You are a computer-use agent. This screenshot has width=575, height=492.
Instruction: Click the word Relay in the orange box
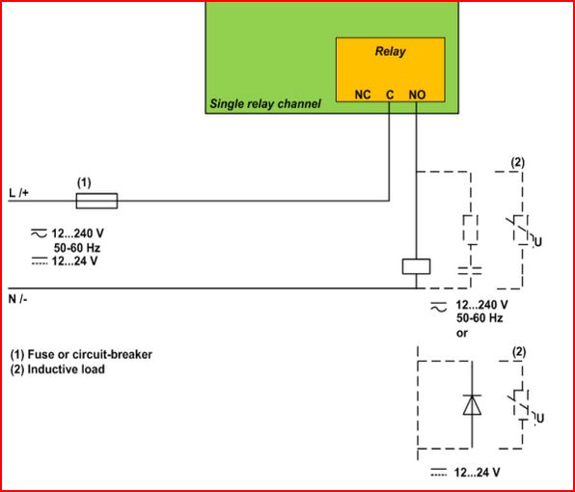[390, 52]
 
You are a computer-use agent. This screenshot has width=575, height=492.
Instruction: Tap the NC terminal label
[363, 95]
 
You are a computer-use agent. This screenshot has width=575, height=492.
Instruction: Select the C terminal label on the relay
[390, 95]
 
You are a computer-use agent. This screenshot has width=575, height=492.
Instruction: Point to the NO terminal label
[417, 95]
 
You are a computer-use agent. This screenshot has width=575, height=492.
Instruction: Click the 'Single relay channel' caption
[265, 104]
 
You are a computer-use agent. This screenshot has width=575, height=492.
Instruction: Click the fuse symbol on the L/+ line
[96, 201]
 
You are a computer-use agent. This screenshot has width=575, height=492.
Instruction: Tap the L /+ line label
[18, 193]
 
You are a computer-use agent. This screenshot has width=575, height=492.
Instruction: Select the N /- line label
[18, 299]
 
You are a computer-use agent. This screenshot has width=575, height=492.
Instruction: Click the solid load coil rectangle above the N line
[416, 266]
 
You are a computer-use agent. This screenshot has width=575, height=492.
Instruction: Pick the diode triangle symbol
[472, 405]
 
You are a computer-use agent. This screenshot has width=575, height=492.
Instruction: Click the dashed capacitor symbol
[470, 271]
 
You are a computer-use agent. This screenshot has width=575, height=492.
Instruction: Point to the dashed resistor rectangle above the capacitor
[470, 228]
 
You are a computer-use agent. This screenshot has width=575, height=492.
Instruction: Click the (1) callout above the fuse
[84, 182]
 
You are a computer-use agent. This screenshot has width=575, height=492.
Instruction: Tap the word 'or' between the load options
[462, 334]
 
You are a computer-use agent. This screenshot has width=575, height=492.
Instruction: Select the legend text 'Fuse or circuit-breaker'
[90, 354]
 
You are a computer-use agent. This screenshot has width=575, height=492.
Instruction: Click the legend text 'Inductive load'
[66, 369]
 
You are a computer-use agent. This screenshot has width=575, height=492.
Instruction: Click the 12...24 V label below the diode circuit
[477, 473]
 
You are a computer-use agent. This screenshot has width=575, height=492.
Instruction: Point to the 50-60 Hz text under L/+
[77, 248]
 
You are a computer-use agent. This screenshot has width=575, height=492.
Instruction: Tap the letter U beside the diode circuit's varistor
[540, 418]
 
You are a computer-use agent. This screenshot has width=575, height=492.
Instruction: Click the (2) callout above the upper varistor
[517, 163]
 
